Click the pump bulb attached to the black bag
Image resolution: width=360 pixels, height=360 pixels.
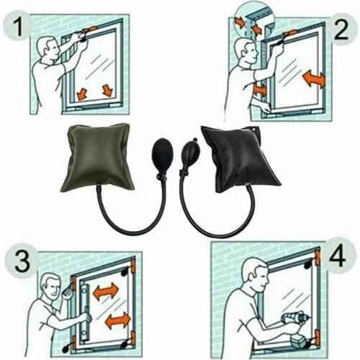(192, 152)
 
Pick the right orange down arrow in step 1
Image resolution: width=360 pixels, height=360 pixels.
(108, 90)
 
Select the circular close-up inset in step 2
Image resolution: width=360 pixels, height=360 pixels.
(253, 22)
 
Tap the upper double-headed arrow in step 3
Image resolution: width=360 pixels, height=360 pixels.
(106, 291)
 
